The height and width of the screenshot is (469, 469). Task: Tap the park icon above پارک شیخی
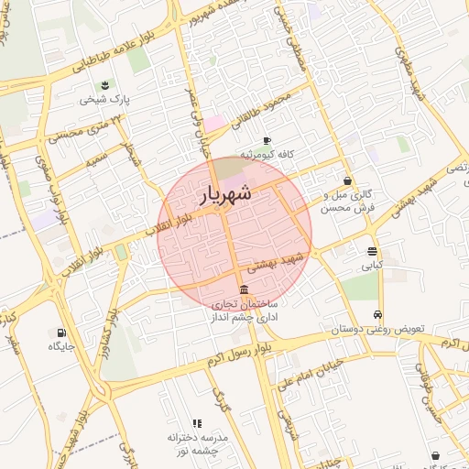105,85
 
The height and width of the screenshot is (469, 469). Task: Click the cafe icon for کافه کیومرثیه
266,140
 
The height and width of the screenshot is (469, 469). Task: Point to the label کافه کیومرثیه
266,155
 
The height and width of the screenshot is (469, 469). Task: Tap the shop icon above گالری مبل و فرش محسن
347,180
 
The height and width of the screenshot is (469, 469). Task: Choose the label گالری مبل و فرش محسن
348,201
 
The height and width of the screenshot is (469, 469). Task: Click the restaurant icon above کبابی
371,251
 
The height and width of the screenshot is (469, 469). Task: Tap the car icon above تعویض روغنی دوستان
377,314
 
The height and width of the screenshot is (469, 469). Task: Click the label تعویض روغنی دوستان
377,328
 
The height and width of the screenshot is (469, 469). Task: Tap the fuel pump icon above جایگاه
61,333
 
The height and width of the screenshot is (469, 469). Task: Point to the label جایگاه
60,346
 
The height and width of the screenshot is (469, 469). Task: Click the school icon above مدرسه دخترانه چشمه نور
197,423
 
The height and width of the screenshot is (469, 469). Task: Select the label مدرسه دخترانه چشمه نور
197,444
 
